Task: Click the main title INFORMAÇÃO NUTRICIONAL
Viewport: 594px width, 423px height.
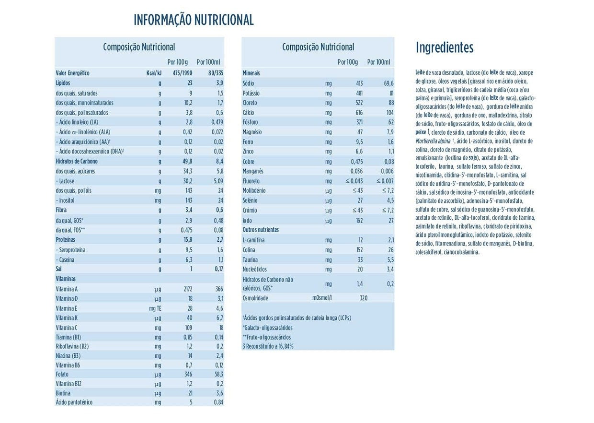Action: coord(194,20)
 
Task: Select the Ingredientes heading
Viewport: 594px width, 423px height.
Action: coord(445,48)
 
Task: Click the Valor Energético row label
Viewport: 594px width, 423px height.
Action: coord(73,73)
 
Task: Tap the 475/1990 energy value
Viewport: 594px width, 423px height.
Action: coord(183,73)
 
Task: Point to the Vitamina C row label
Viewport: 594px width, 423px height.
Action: coord(67,328)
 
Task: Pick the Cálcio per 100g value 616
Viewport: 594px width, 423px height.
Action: coord(354,113)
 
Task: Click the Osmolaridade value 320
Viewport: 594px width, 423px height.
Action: coord(363,298)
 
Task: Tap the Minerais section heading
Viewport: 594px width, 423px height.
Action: coord(251,73)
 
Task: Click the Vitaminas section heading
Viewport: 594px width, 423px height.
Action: coord(66,279)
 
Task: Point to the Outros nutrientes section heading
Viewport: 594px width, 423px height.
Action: coord(261,230)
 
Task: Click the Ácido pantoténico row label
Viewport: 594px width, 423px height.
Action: coord(74,402)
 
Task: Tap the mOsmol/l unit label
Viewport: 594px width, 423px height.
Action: coord(322,298)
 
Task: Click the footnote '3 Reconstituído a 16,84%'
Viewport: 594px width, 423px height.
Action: coord(268,346)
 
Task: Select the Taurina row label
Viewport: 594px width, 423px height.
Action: coord(251,259)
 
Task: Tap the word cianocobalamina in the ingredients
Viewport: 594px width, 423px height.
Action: coord(461,252)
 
